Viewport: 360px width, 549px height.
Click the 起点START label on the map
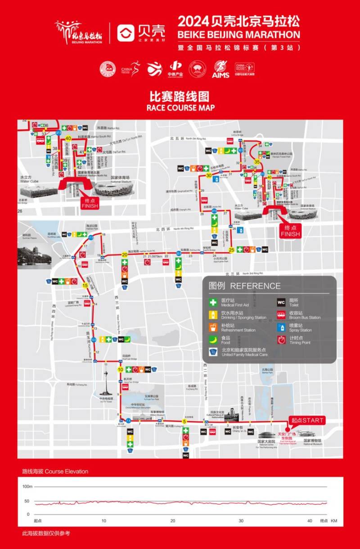tap(307, 420)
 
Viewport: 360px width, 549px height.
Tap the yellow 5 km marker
tap(184, 421)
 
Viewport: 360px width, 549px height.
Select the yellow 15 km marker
tap(85, 285)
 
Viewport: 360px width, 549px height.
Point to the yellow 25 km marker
tap(231, 250)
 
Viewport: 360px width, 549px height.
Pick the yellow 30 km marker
tap(209, 176)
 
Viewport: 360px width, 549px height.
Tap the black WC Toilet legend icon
tap(281, 303)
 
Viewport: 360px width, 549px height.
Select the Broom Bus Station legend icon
tap(281, 315)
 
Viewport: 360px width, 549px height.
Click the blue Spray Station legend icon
tap(281, 327)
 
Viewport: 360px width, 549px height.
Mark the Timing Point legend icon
tap(281, 340)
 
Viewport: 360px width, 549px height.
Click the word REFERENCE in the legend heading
tap(255, 286)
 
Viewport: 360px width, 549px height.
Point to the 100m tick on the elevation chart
tap(27, 487)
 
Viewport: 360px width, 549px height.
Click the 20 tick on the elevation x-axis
tap(173, 521)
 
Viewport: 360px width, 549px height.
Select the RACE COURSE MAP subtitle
tap(180, 108)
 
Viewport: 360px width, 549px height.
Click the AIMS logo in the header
tap(220, 70)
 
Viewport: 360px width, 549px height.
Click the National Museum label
tap(312, 444)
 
